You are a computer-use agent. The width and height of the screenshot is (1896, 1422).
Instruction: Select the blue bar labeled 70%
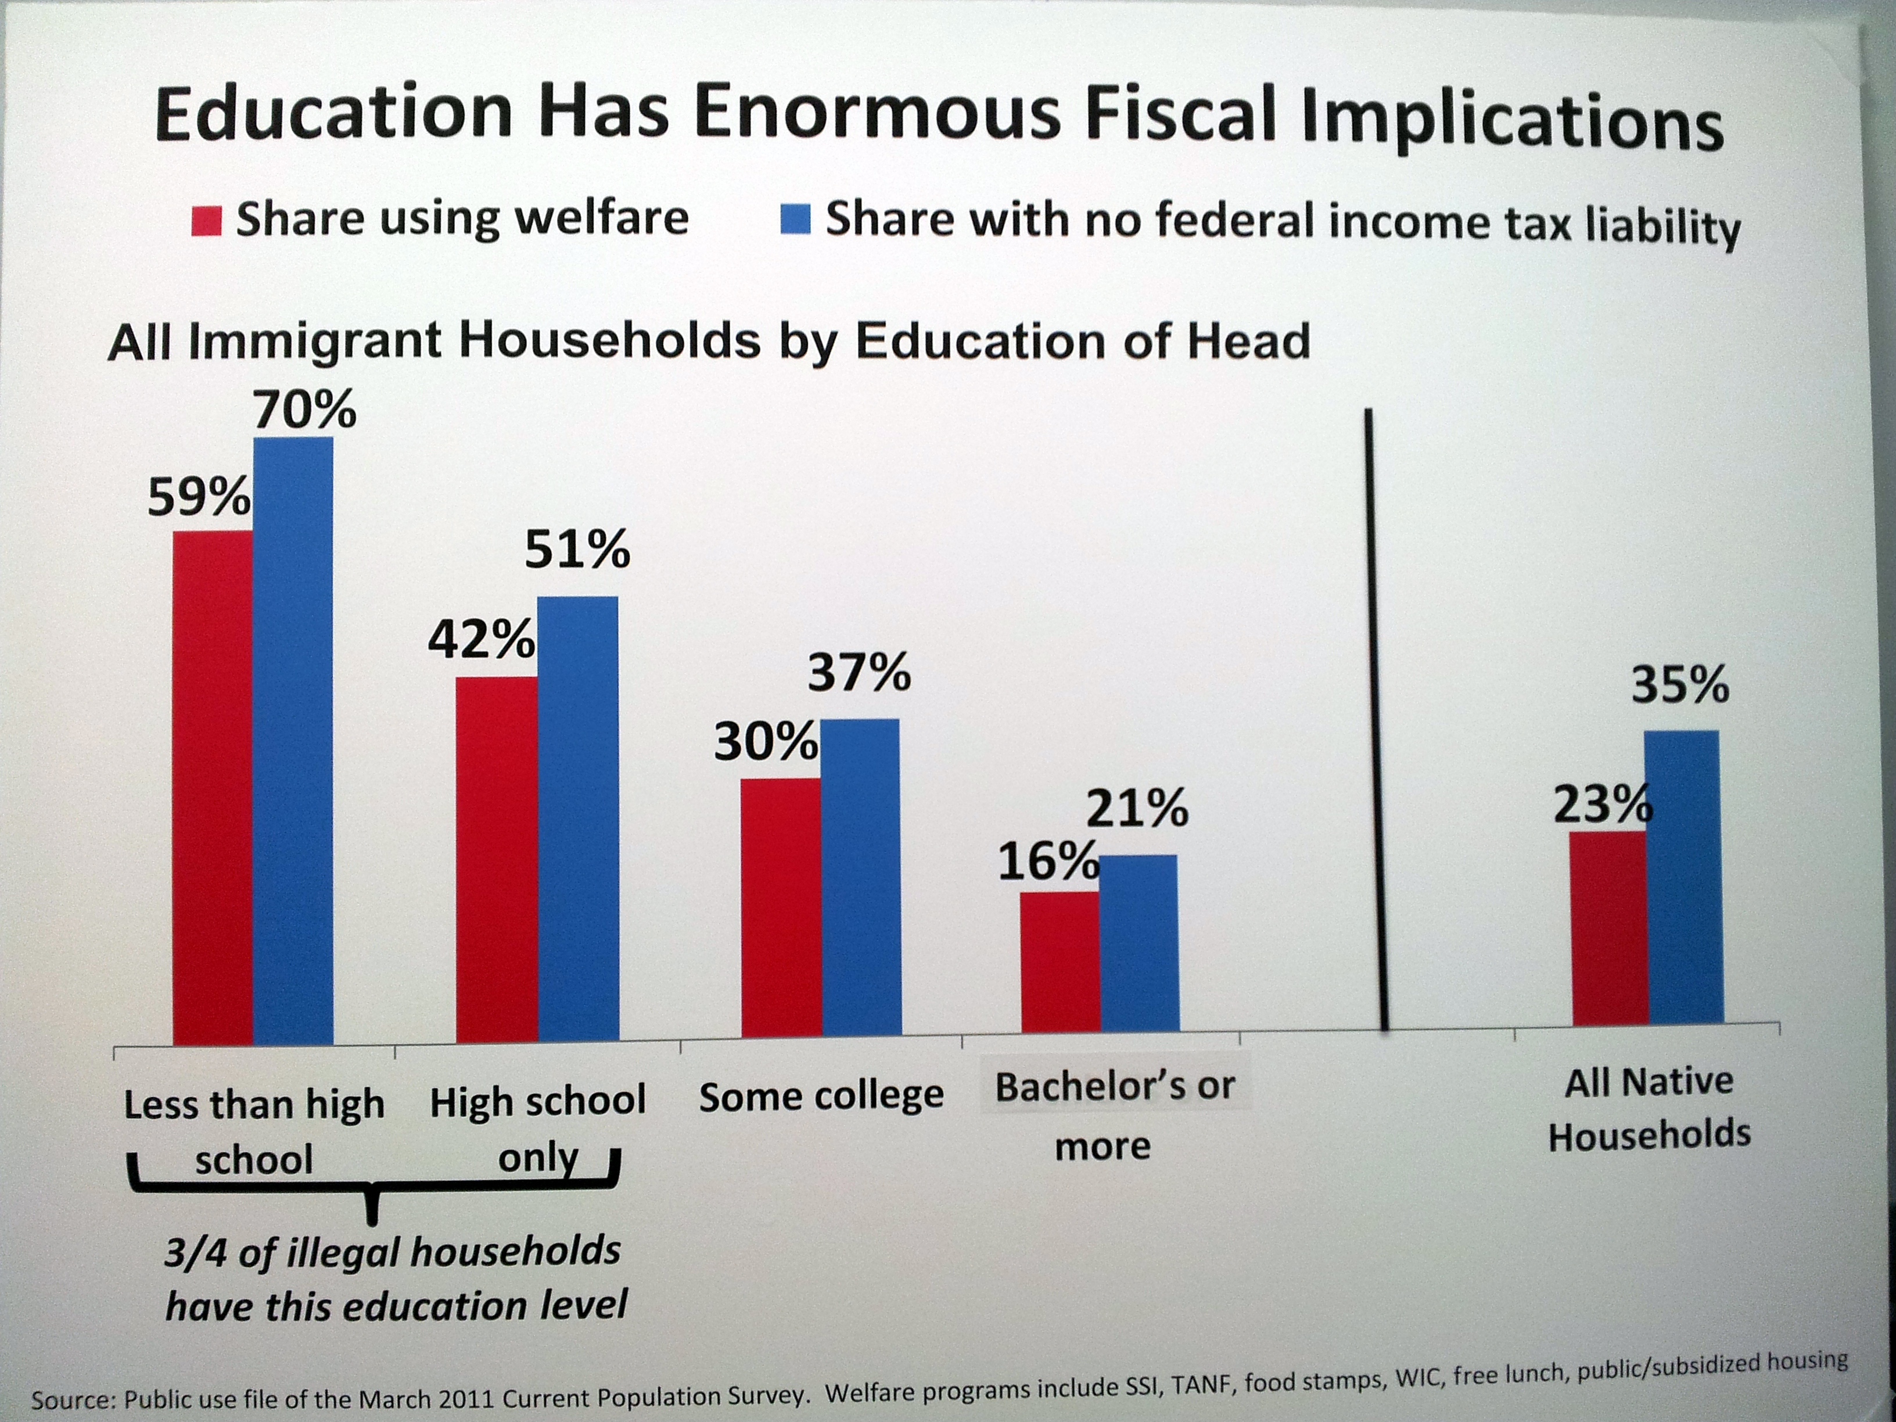coord(293,741)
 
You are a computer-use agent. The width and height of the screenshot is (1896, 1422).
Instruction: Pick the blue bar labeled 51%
coord(578,818)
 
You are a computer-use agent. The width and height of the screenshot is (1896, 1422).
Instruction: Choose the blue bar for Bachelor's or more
coord(1139,942)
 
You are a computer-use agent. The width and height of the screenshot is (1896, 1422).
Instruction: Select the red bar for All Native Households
coord(1609,928)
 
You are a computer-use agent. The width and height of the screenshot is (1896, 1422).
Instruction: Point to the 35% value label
coord(1679,685)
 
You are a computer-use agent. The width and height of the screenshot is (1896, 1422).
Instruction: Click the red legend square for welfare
coord(207,221)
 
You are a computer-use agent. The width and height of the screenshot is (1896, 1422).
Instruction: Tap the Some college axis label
coord(820,1096)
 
